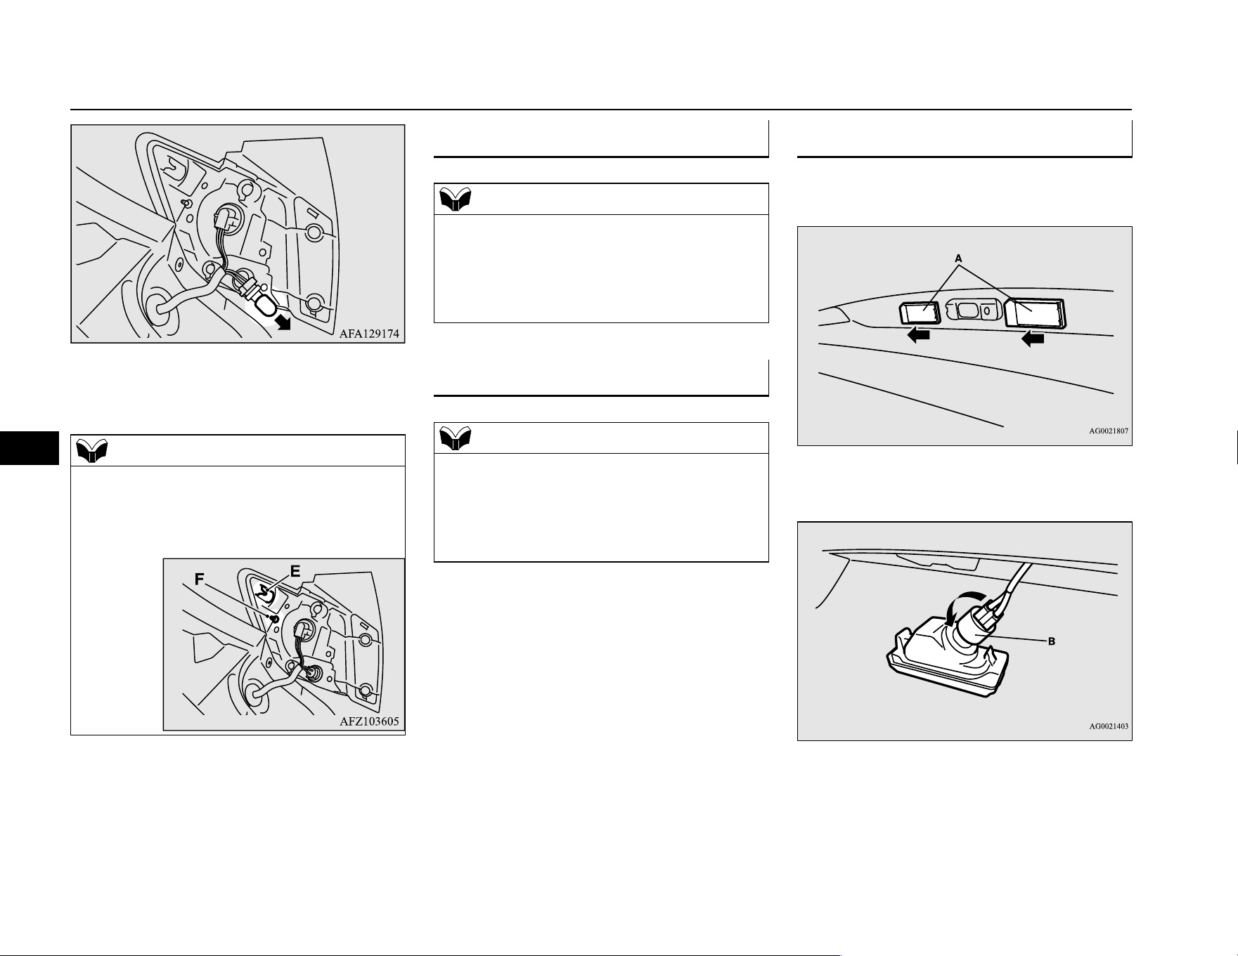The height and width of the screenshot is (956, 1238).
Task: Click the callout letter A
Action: pos(957,258)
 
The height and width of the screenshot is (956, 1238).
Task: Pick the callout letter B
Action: pos(1052,641)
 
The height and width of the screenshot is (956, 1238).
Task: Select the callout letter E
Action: pos(295,572)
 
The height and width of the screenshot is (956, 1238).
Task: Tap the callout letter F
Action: pos(200,580)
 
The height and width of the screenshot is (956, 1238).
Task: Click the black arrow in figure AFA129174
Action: pos(283,322)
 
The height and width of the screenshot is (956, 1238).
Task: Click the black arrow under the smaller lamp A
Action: pos(919,336)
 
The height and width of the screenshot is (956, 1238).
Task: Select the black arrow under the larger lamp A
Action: pos(1033,339)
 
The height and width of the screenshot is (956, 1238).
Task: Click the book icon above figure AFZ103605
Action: pos(92,450)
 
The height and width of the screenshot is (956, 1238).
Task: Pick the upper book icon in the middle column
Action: pos(456,199)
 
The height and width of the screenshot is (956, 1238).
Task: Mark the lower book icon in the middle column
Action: pos(456,439)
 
